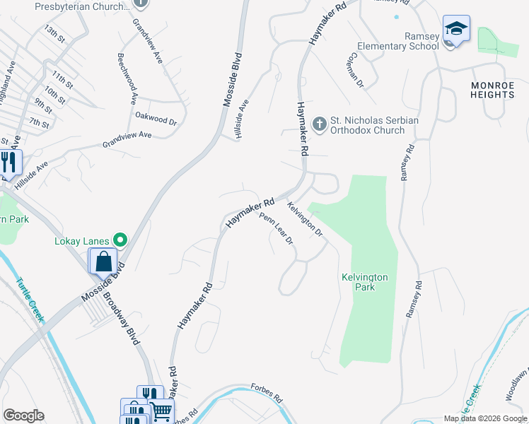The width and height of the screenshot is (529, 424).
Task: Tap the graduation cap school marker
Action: pyautogui.click(x=457, y=30)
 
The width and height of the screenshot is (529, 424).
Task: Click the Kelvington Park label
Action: pyautogui.click(x=364, y=283)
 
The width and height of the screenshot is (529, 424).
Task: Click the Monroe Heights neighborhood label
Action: pyautogui.click(x=492, y=90)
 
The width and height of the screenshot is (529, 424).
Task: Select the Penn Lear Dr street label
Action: pyautogui.click(x=277, y=229)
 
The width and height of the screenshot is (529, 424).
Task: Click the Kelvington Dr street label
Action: pyautogui.click(x=305, y=220)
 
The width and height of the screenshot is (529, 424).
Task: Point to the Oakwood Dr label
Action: pyautogui.click(x=156, y=118)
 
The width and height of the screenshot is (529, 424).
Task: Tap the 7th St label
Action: pyautogui.click(x=39, y=124)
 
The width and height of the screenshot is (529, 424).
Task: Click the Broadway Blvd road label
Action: pyautogui.click(x=122, y=314)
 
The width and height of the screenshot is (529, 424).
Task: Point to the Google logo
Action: pyautogui.click(x=23, y=416)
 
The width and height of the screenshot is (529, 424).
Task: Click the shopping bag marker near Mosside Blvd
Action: pyautogui.click(x=103, y=261)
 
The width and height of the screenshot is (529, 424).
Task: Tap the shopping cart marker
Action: pyautogui.click(x=161, y=409)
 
